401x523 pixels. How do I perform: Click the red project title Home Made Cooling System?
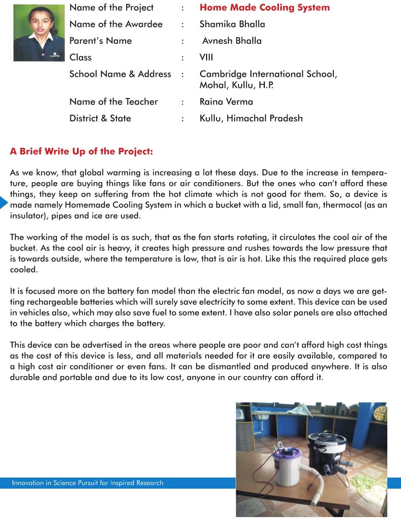(x=264, y=8)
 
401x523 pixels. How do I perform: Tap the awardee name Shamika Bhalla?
(x=232, y=24)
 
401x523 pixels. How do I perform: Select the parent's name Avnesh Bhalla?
(x=232, y=41)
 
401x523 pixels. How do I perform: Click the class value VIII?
(x=206, y=58)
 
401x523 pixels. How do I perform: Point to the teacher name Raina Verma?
(x=226, y=102)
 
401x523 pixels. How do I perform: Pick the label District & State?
(x=100, y=119)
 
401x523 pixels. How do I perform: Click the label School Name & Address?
(x=120, y=74)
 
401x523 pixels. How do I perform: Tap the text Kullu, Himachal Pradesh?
(x=251, y=119)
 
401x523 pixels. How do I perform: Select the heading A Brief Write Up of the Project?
(x=81, y=151)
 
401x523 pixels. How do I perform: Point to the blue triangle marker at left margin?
(x=3, y=202)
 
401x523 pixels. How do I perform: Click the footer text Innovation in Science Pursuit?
(x=87, y=483)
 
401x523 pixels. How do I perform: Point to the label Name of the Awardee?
(x=116, y=24)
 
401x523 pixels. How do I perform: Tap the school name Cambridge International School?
(x=268, y=74)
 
